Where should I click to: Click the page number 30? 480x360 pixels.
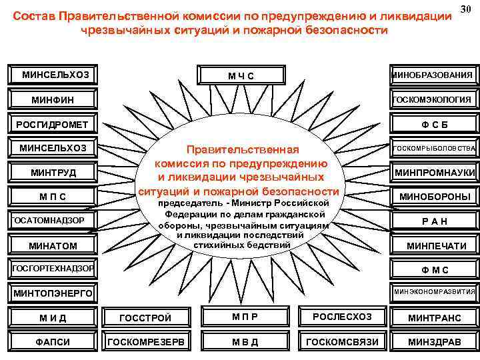467,8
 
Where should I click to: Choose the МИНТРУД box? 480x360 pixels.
53,173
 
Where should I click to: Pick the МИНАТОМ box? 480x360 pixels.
53,246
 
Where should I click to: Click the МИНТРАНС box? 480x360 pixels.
435,318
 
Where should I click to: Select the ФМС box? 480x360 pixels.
435,270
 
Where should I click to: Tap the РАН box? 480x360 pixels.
435,221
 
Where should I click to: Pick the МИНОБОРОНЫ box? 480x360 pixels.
435,197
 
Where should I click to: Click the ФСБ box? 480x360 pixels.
435,125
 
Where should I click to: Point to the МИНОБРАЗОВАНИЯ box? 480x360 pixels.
434,75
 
